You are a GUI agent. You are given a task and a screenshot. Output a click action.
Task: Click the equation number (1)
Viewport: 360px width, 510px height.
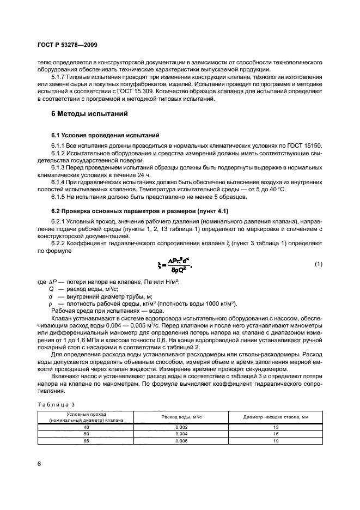[319, 264]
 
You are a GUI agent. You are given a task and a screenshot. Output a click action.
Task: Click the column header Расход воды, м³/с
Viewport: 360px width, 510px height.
[181, 417]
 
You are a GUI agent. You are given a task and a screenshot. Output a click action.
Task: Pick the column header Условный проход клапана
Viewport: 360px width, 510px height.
[86, 417]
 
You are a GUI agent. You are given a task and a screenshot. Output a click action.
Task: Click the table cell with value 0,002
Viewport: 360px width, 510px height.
[181, 427]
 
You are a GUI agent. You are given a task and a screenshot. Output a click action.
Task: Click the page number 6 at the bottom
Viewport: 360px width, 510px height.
[39, 463]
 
